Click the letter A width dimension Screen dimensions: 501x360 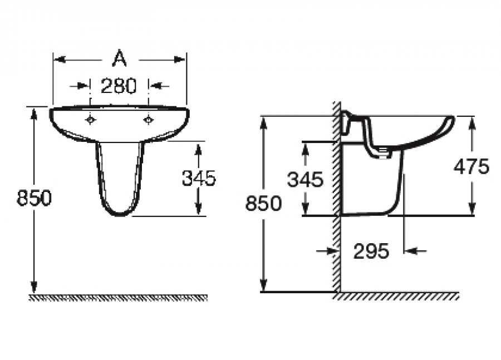120,58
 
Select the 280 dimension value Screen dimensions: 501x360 119,86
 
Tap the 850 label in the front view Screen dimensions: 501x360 34,198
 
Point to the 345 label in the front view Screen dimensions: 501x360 199,178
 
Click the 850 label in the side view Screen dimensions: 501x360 264,203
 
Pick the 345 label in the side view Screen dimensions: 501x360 305,179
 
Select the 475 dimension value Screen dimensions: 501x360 471,166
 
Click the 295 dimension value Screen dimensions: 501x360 371,251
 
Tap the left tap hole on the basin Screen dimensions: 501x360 91,120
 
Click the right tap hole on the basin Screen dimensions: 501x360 148,120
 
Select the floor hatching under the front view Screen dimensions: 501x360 118,298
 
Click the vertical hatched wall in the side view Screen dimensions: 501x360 336,198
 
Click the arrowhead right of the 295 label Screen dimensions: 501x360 411,251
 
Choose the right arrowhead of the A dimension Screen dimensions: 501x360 179,60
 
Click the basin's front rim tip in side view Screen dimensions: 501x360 453,119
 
